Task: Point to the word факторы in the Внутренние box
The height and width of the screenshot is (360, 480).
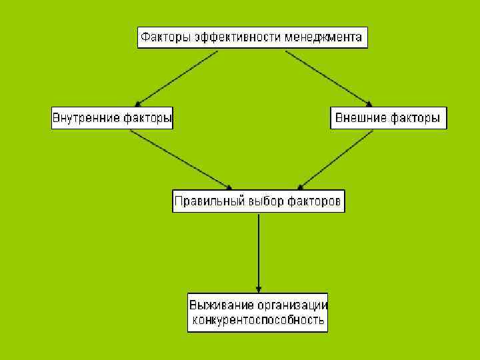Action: (148, 119)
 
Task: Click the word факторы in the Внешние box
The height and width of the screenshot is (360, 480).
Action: (415, 119)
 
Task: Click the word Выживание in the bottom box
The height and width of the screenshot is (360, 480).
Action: (222, 305)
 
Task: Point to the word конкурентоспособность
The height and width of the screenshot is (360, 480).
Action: (258, 321)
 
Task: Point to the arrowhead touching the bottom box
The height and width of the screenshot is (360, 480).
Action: (259, 287)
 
